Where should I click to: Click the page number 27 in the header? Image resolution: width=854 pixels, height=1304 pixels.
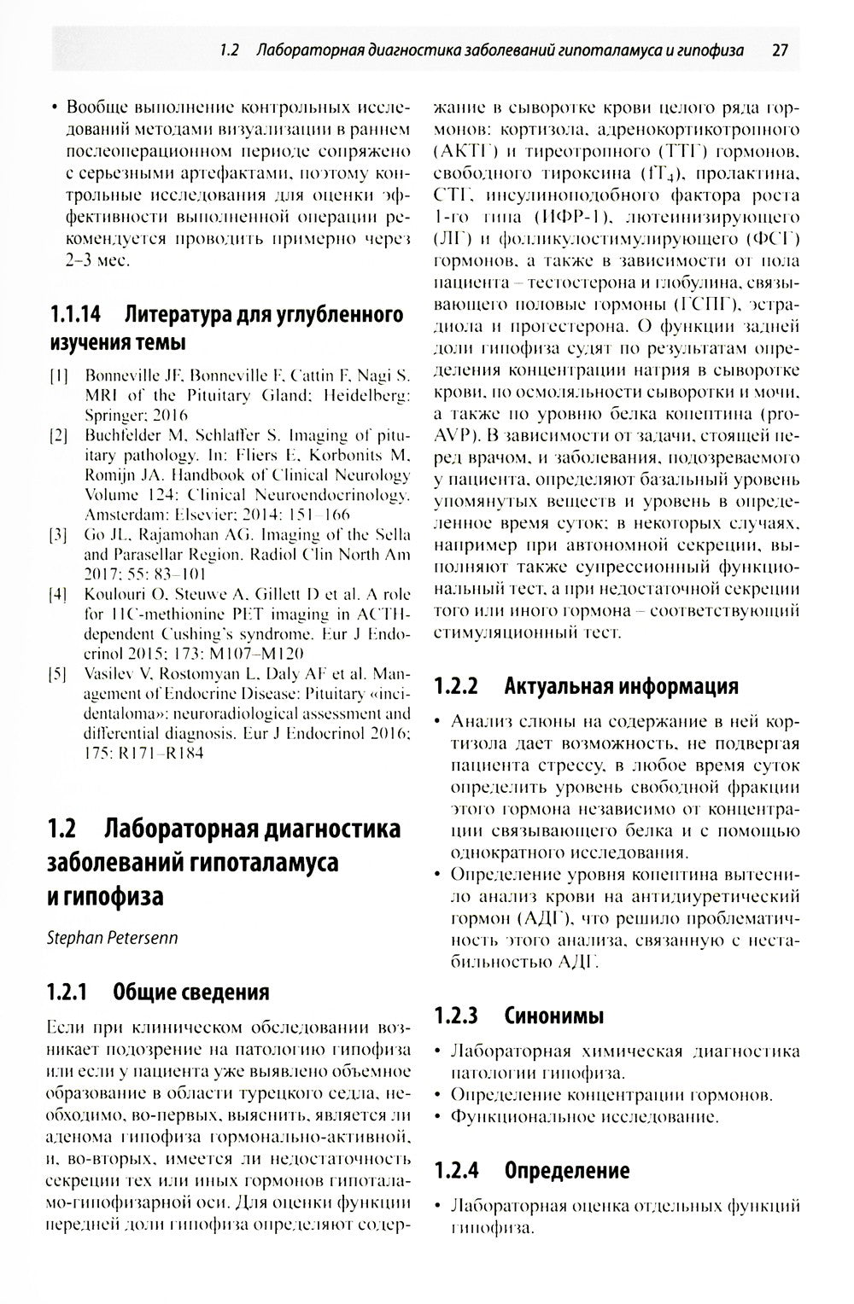(779, 50)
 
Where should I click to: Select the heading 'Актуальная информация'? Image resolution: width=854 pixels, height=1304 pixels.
(621, 686)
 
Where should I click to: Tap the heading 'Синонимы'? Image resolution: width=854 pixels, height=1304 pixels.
(554, 1016)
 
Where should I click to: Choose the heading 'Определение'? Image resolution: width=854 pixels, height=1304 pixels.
(567, 1170)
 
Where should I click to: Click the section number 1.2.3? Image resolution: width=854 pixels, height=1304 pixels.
(455, 1016)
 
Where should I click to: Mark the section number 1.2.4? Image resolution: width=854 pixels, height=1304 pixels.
(455, 1170)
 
